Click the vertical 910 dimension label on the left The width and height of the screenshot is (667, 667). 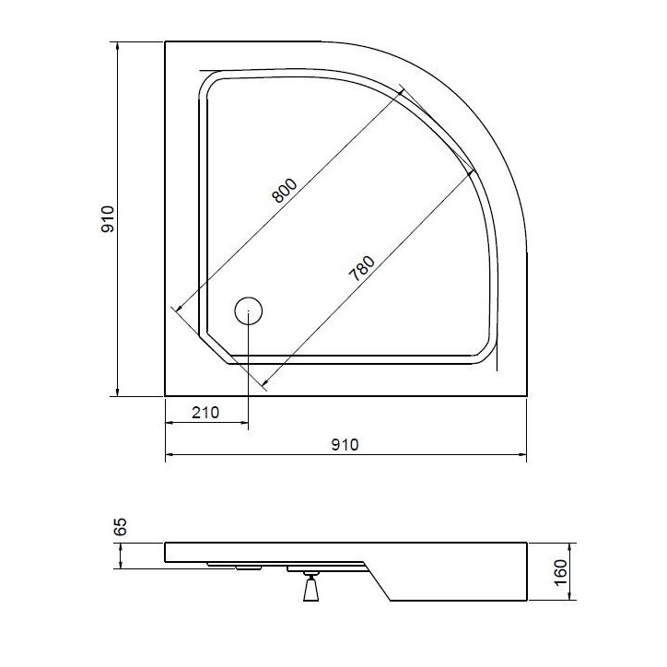pyautogui.click(x=108, y=218)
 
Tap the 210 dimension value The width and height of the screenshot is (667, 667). pyautogui.click(x=205, y=412)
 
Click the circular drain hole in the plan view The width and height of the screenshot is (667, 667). pyautogui.click(x=249, y=311)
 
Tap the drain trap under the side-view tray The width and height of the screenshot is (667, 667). pyautogui.click(x=310, y=587)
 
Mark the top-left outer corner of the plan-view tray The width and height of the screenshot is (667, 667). pyautogui.click(x=165, y=41)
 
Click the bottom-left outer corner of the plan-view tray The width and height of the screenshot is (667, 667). pyautogui.click(x=165, y=396)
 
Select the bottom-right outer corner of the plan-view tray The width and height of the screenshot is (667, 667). pyautogui.click(x=527, y=396)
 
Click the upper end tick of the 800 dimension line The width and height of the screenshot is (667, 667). pyautogui.click(x=404, y=89)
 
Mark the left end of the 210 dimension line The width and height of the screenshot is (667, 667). pyautogui.click(x=165, y=424)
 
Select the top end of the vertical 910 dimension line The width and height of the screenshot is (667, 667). pyautogui.click(x=118, y=41)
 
